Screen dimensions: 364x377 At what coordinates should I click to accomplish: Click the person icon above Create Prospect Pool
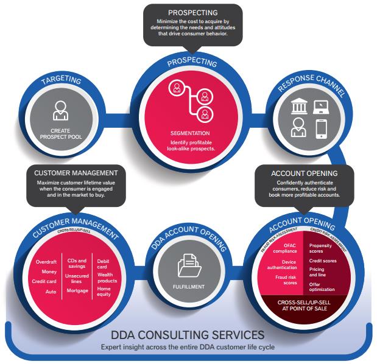(61, 112)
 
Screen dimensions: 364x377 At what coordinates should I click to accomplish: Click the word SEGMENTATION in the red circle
(191, 133)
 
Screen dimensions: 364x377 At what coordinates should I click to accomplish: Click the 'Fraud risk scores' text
(284, 281)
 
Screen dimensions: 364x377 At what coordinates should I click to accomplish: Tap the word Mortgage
(77, 290)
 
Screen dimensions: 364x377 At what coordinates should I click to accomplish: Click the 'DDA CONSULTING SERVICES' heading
(188, 334)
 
